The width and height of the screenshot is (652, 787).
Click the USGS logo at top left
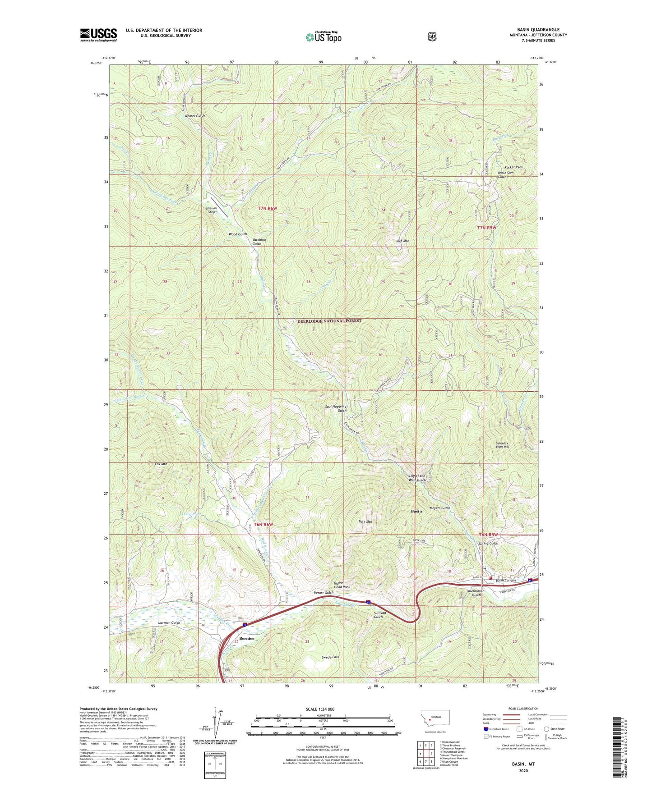[x=98, y=35]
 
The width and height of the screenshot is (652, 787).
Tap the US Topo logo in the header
[x=323, y=37]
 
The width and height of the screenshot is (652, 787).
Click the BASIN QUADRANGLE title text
[x=538, y=30]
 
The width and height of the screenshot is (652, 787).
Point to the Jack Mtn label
[x=402, y=241]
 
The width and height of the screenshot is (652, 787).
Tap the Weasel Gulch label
[x=194, y=116]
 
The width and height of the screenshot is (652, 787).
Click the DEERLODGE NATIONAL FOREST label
[x=329, y=321]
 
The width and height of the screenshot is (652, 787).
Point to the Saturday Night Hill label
[x=502, y=445]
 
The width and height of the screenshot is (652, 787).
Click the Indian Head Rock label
[x=342, y=585]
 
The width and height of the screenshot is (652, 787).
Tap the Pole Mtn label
[x=365, y=522]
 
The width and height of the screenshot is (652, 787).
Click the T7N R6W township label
[x=267, y=208]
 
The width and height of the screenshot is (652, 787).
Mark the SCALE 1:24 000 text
[x=320, y=709]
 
